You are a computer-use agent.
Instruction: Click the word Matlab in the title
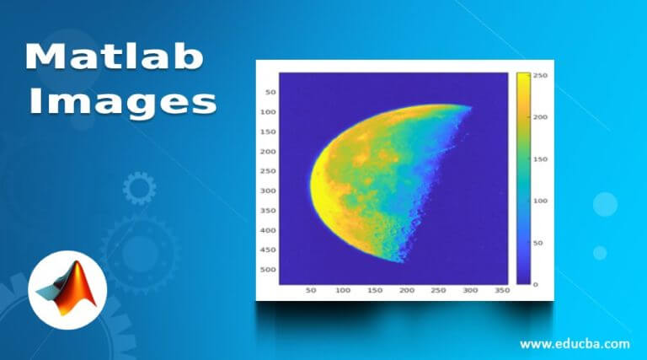pos(113,58)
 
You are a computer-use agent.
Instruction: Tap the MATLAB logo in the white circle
pos(67,284)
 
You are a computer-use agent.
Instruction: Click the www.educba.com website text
pos(575,343)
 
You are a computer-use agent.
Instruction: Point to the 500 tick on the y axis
pos(268,270)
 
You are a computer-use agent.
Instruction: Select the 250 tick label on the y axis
pos(268,171)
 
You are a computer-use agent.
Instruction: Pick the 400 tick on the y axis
pos(268,230)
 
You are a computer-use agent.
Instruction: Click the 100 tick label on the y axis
pos(268,112)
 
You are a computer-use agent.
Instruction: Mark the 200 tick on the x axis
pos(407,290)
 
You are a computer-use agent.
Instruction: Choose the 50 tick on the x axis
pos(311,290)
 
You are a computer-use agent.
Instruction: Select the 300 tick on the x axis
pos(470,290)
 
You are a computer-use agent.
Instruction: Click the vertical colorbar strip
pos(523,178)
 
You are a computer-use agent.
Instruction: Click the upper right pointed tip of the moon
pos(469,107)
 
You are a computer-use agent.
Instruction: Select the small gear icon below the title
pos(139,187)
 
